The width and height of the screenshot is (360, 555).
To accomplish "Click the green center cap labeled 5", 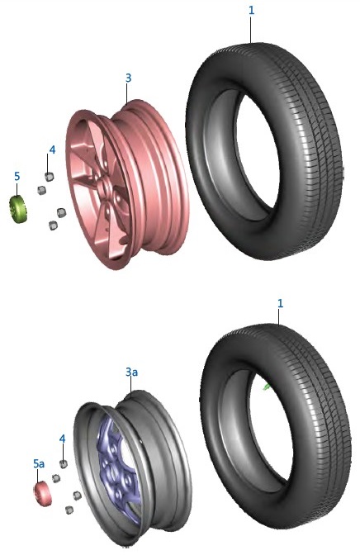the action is (18, 209).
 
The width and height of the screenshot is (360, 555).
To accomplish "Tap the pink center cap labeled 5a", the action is (43, 493).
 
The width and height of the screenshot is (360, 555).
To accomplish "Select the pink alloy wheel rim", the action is (127, 184).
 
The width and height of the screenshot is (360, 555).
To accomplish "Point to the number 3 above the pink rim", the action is (128, 78).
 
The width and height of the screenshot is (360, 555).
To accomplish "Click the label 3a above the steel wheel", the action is (131, 372).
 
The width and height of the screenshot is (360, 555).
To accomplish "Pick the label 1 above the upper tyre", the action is (251, 10).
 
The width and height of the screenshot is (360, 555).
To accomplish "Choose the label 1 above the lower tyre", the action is (281, 303).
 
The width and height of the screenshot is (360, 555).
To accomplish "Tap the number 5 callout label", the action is (17, 176).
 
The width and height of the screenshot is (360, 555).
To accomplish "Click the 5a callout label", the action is (39, 463).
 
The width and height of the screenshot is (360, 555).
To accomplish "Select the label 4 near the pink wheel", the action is (52, 149).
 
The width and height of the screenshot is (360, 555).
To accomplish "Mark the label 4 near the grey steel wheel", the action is (62, 439).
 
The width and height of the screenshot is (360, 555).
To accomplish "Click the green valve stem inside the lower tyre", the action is (266, 387).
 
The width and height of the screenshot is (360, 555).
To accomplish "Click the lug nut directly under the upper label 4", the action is (49, 177).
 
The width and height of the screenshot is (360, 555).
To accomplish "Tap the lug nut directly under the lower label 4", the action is (64, 463).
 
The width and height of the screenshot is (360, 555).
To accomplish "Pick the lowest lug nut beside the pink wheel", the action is (53, 225).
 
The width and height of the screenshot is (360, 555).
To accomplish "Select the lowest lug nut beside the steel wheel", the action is (69, 510).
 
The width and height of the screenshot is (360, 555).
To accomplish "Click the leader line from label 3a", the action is (131, 386).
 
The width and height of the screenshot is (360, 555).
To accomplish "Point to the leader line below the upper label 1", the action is (251, 30).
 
